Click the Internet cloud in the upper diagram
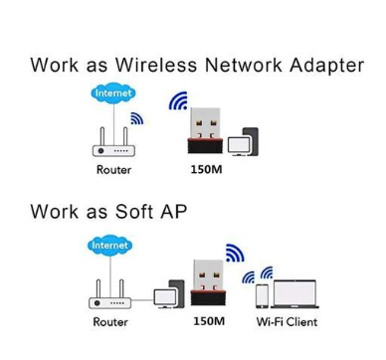110,93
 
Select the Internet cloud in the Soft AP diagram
109,246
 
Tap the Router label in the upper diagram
113,170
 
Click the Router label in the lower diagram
110,323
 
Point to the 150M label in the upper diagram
207,170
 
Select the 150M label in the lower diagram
207,323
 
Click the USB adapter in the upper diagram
208,129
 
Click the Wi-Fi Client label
289,323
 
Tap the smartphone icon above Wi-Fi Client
263,296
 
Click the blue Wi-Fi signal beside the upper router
136,117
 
